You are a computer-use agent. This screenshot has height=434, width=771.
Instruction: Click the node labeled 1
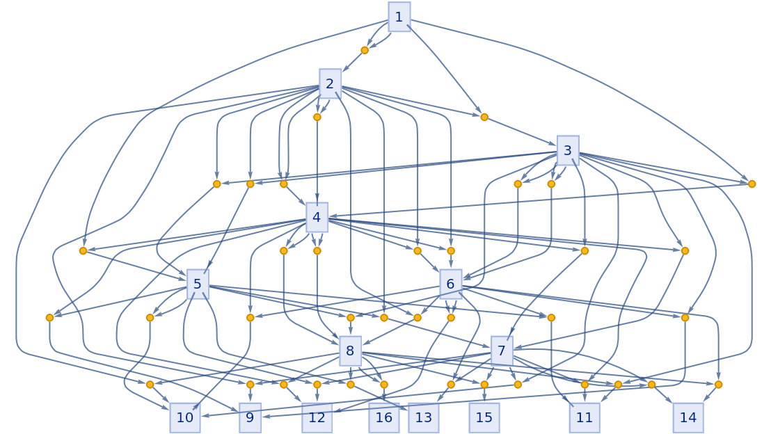point(399,17)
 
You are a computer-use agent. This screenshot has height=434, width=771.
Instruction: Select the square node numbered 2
point(330,83)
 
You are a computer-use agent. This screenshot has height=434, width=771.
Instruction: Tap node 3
point(568,150)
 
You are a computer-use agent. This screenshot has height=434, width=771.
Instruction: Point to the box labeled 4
point(317,217)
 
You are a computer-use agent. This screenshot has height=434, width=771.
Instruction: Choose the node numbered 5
point(198,284)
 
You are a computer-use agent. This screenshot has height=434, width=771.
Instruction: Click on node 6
point(450,284)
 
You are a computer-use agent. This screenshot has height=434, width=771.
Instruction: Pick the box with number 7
point(502,351)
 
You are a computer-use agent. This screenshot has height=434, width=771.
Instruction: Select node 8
point(350,351)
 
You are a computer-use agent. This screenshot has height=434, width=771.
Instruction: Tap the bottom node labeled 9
point(250,417)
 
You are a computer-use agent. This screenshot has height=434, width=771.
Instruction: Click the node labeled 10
point(185,417)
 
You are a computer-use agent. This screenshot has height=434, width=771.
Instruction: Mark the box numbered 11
point(584,417)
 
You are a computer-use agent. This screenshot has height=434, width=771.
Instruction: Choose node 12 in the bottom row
point(317,417)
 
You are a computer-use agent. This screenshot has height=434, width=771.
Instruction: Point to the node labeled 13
point(423,417)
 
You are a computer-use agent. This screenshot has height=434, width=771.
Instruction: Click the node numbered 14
point(687,417)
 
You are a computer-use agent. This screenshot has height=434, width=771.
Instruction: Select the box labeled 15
point(484,417)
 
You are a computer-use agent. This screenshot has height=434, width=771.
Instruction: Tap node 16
point(383,417)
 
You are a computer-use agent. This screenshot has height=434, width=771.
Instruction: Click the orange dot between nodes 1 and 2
point(365,50)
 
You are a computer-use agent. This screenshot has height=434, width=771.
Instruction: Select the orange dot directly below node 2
point(317,117)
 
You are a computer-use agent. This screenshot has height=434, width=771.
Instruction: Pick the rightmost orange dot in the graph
point(752,184)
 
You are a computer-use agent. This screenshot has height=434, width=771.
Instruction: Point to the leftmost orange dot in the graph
point(49,318)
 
